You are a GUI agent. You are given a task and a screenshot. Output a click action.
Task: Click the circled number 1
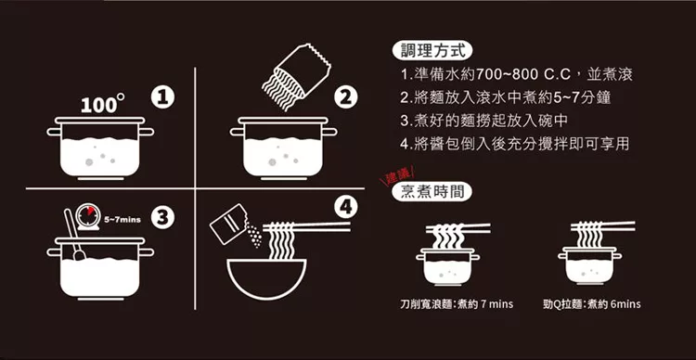click(162, 98)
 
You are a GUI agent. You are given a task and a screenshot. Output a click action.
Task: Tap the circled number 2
click(346, 98)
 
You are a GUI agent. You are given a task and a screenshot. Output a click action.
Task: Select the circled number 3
click(162, 217)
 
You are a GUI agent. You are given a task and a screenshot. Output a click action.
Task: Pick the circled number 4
click(346, 207)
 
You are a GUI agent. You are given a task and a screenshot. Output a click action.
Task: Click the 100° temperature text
click(102, 104)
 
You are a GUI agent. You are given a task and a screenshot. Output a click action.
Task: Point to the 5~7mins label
click(122, 220)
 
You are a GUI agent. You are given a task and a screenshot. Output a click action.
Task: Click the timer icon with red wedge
click(88, 216)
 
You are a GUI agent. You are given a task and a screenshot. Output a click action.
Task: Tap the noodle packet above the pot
click(296, 76)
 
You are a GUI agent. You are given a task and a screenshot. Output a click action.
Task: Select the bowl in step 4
click(266, 278)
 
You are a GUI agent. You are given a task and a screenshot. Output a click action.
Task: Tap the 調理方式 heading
click(432, 51)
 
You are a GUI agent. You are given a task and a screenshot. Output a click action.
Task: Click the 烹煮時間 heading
click(432, 191)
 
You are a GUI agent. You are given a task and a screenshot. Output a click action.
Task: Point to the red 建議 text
click(397, 175)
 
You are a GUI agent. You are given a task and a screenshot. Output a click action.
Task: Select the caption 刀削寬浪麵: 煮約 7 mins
click(457, 304)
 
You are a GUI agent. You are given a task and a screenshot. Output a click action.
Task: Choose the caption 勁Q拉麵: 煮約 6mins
click(592, 304)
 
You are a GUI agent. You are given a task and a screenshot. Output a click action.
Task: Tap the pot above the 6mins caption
click(589, 266)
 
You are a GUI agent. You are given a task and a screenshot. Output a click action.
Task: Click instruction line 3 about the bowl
click(483, 121)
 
